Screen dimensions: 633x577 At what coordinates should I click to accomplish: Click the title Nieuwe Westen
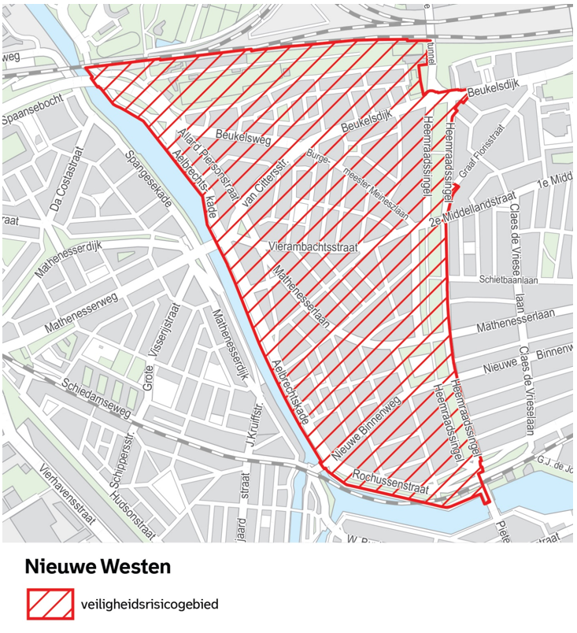point(98,566)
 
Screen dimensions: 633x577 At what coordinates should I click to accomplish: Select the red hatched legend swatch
point(50,605)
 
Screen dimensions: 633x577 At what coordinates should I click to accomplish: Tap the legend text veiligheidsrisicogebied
point(150,605)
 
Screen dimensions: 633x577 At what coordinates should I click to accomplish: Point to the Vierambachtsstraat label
point(313,247)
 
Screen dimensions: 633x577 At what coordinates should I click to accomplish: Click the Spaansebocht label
point(32,120)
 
